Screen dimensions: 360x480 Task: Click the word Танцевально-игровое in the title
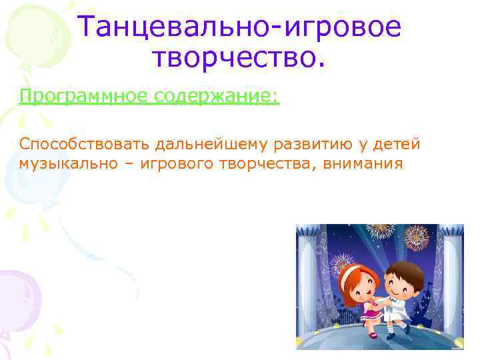pyautogui.click(x=240, y=27)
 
